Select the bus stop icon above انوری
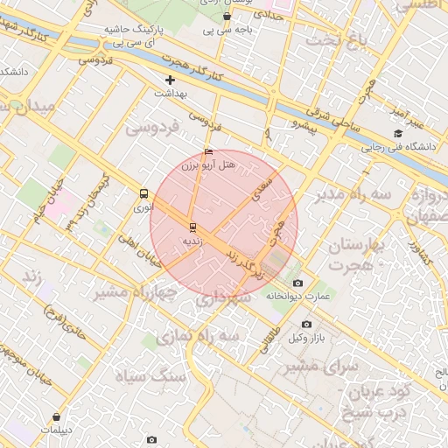tap(143, 194)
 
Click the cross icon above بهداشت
tap(170, 80)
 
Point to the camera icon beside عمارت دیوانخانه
tap(297, 283)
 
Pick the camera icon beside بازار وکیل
tap(305, 325)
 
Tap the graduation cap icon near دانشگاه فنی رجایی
tap(398, 134)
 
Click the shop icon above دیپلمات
tap(58, 417)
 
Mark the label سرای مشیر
tap(318, 366)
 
